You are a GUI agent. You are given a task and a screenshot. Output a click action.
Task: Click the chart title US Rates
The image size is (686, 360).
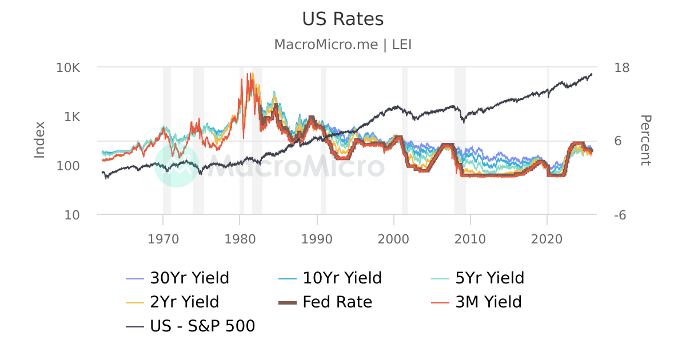point(342,19)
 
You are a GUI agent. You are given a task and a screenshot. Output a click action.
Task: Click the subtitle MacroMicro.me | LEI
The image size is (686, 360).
point(342,45)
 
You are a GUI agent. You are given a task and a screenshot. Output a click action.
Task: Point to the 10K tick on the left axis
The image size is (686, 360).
point(68,67)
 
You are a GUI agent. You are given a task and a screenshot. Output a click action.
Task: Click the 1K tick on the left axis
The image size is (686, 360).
point(72,117)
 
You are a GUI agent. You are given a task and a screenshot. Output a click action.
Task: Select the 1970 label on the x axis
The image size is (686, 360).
point(163,237)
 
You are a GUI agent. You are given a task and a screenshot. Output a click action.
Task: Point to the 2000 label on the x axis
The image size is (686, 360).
point(393,237)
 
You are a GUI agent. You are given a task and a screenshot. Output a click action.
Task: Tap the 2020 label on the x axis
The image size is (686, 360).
point(547,237)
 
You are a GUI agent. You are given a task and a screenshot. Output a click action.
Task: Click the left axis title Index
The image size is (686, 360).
point(39,141)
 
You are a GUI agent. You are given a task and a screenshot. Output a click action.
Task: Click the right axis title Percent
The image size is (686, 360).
point(645,141)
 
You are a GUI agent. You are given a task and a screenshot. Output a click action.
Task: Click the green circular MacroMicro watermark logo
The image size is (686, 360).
point(177,165)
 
